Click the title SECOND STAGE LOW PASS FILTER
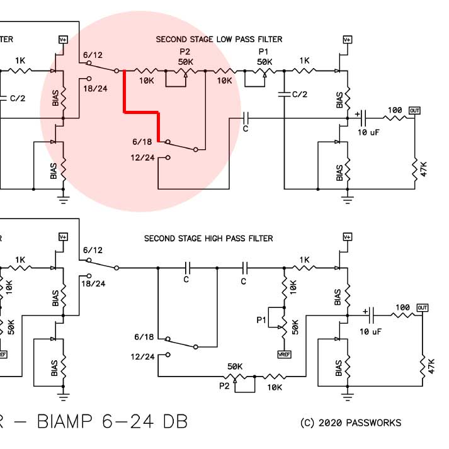click(219, 39)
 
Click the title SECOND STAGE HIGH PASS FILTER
click(208, 239)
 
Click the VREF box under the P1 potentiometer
click(283, 355)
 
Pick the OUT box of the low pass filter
click(414, 111)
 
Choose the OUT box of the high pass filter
click(422, 308)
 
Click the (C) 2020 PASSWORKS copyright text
click(351, 423)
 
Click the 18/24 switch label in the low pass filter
click(94, 89)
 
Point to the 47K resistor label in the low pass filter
click(423, 169)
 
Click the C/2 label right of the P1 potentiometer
click(300, 94)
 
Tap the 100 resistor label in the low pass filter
click(395, 111)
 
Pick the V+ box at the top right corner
click(347, 39)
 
